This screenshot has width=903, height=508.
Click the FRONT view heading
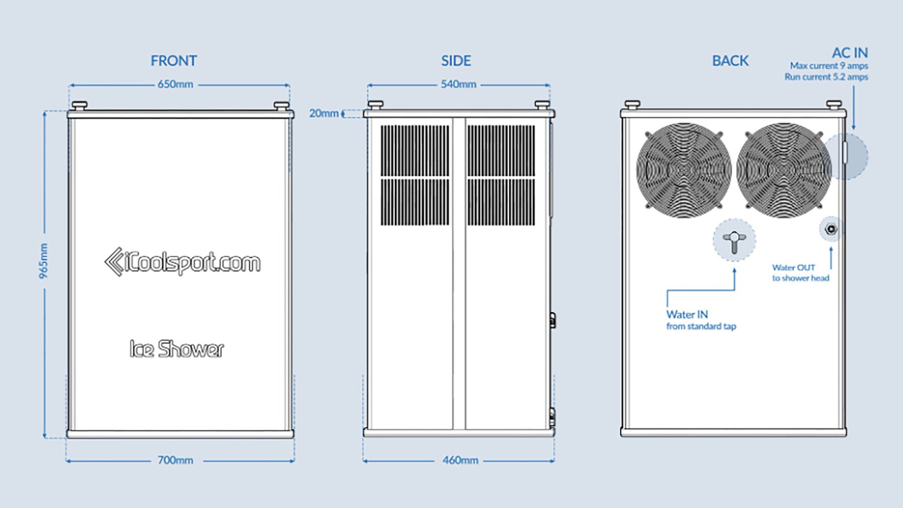pos(174,61)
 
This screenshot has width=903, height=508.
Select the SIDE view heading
pos(456,61)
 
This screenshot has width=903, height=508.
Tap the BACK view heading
pos(730,61)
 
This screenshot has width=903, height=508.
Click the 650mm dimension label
pos(175,84)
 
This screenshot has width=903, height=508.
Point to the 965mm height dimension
pos(43,261)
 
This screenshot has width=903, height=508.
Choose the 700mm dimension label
pos(175,460)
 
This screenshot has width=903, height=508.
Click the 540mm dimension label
pos(458,84)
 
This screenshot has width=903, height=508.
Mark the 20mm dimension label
pos(324,113)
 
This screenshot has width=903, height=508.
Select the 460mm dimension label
pos(460,460)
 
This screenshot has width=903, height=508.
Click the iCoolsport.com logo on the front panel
pos(182,262)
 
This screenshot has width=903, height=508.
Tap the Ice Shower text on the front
pos(177,349)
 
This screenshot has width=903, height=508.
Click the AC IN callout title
pos(850,53)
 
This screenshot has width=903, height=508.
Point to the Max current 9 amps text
pos(829,66)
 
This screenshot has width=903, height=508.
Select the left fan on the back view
pos(684,170)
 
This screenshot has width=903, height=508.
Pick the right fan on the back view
pos(784,170)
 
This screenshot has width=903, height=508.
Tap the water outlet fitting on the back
pos(831,229)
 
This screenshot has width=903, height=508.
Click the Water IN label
pos(687,314)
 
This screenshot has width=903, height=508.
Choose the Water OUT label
pos(793,268)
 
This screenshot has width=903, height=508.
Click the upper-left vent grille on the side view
pos(415,151)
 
